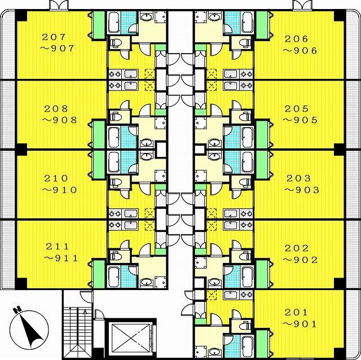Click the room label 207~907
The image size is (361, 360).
[x=57, y=43]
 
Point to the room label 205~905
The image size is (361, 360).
[x=300, y=115]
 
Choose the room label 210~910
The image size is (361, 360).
[x=59, y=184]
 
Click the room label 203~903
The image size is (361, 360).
[x=302, y=184]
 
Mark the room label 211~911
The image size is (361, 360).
[x=61, y=253]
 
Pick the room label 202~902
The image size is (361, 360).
[x=300, y=254]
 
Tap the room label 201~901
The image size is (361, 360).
[x=300, y=318]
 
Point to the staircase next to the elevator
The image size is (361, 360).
[x=77, y=332]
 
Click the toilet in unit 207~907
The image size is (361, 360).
[x=115, y=43]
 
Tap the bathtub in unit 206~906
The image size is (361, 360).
[x=247, y=22]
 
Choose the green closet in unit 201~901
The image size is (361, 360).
[x=262, y=344]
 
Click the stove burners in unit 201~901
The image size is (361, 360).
[x=246, y=295]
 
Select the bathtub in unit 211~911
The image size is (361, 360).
[x=114, y=276]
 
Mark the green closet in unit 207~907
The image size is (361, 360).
[x=99, y=25]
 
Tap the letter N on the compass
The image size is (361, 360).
[x=17, y=310]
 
